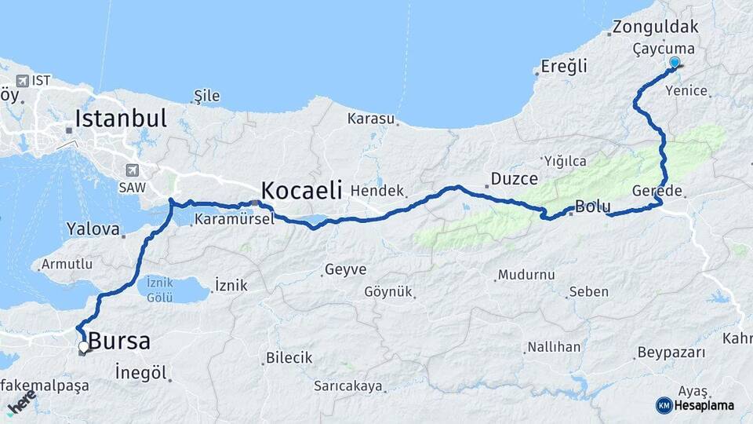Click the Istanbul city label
point(121,119)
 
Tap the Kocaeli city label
point(301,190)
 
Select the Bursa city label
point(119,342)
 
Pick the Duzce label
point(514,179)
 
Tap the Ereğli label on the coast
point(564,67)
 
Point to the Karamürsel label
point(233,219)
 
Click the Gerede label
point(657,191)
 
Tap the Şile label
point(207,96)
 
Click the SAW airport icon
point(131,170)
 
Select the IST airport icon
point(21,81)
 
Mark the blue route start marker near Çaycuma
point(675,63)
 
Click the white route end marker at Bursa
point(84,346)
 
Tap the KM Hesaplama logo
point(695,405)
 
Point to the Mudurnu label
point(526,275)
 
